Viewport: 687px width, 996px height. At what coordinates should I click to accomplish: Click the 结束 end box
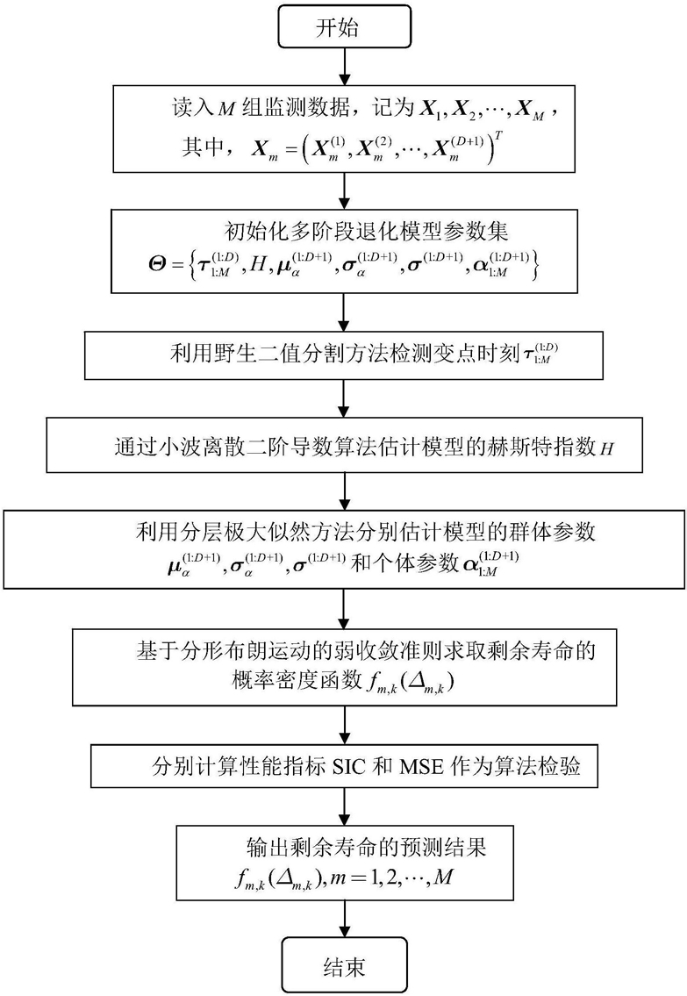(344, 966)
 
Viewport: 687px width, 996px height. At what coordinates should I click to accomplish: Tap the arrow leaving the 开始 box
(344, 68)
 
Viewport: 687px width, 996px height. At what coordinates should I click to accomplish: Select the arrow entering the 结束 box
(344, 919)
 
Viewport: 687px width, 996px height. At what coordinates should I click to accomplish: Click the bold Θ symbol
(157, 263)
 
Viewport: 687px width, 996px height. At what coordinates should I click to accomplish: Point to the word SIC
(349, 767)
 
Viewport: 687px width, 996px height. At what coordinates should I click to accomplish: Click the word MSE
(421, 767)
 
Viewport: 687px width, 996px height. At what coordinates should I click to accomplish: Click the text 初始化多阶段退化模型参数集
(367, 231)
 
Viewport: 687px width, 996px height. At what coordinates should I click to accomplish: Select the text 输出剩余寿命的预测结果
(367, 847)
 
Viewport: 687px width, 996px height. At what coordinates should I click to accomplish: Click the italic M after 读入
(226, 109)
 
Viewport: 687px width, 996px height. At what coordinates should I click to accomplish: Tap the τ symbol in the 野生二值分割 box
(528, 353)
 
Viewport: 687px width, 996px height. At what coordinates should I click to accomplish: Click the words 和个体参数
(404, 562)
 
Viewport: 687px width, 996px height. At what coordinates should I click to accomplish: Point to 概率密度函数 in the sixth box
(297, 681)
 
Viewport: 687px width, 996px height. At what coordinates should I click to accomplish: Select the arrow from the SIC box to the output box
(344, 806)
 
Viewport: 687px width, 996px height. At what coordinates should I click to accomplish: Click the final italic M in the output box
(444, 878)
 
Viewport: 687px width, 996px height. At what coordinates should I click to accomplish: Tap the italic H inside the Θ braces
(258, 263)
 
